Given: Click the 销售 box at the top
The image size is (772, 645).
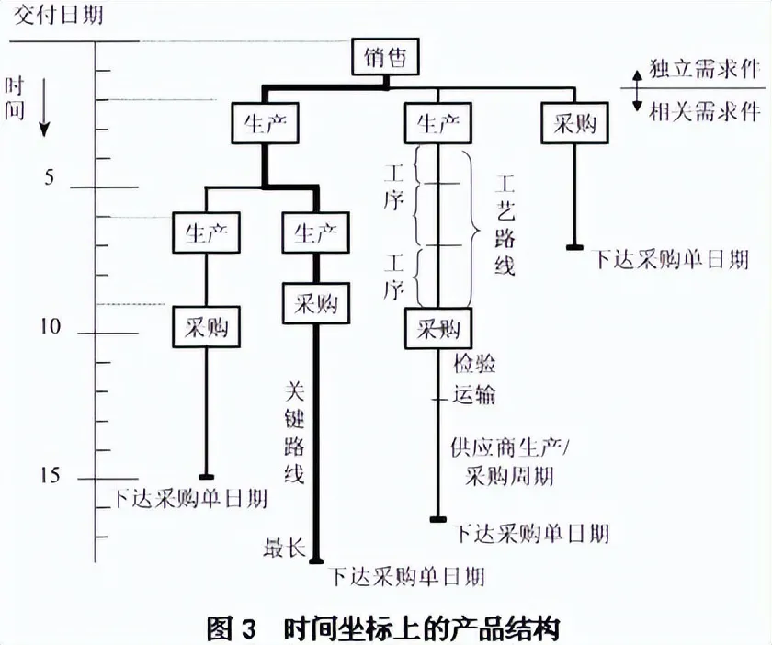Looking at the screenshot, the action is point(386,57).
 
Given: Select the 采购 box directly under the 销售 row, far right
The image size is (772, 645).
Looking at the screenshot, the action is point(574,122).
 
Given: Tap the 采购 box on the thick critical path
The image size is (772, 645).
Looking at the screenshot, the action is point(316,303).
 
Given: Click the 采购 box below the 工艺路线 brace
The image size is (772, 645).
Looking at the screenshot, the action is point(438,328).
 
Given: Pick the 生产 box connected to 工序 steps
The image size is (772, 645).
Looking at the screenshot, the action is point(437,122).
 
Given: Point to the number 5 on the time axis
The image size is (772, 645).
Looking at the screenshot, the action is point(50,176).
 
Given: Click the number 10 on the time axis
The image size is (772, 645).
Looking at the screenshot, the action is point(51,326).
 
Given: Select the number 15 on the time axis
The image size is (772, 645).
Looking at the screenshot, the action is point(51,475).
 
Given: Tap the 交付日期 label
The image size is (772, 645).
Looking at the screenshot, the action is point(59,15).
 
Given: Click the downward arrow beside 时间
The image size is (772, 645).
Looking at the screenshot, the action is point(44,107).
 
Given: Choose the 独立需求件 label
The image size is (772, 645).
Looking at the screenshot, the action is point(704,68).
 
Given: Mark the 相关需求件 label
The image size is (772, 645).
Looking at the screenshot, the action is point(704,112).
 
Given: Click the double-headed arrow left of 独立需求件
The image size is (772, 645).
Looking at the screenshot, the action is point(637,91).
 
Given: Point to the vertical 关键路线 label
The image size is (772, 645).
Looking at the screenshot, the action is point(294,434).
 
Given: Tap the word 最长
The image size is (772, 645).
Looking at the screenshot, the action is point(285,548).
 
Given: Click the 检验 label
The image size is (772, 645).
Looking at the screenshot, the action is point(474,364).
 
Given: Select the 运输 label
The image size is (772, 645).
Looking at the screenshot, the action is point(474,394).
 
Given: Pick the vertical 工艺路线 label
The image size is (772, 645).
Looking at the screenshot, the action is point(505,224).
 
